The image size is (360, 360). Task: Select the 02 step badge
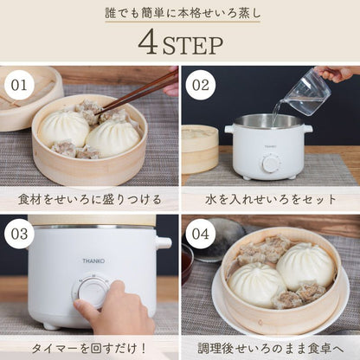coord(201,87)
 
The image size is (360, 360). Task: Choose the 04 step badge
coord(201,235)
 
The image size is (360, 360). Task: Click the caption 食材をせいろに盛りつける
coord(90,199)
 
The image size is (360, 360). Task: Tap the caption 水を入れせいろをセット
coord(270,199)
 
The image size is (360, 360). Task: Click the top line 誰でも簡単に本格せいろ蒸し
coord(180,12)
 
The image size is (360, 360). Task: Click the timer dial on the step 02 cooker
coord(271,164)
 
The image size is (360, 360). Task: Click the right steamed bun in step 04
coord(305,264)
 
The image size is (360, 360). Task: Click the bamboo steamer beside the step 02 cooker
coord(199,151)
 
